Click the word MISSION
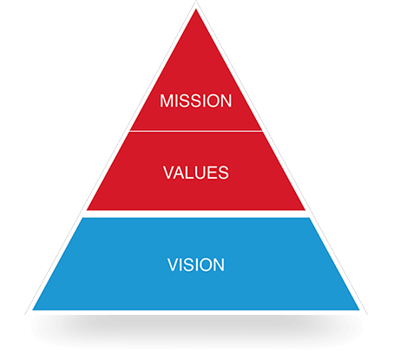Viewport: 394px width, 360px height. click(x=196, y=101)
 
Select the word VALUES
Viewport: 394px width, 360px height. click(x=196, y=173)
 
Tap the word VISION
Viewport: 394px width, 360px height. click(x=196, y=265)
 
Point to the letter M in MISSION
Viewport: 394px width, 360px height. click(x=167, y=101)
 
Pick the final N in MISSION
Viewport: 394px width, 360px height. click(x=226, y=101)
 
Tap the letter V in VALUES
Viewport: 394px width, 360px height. click(x=169, y=173)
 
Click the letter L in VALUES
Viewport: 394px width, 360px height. click(x=193, y=173)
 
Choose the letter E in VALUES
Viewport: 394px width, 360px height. click(x=215, y=173)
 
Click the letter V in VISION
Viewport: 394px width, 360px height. click(x=174, y=265)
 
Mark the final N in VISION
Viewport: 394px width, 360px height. click(x=219, y=265)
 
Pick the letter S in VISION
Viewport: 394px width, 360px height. click(x=190, y=265)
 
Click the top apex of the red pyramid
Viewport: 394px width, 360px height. click(x=196, y=10)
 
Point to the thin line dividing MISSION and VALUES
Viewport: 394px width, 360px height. click(x=196, y=131)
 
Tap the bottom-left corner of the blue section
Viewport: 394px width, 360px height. click(x=33, y=310)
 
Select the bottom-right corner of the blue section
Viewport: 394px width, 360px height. click(x=359, y=310)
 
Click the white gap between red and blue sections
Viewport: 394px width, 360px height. click(x=196, y=214)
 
